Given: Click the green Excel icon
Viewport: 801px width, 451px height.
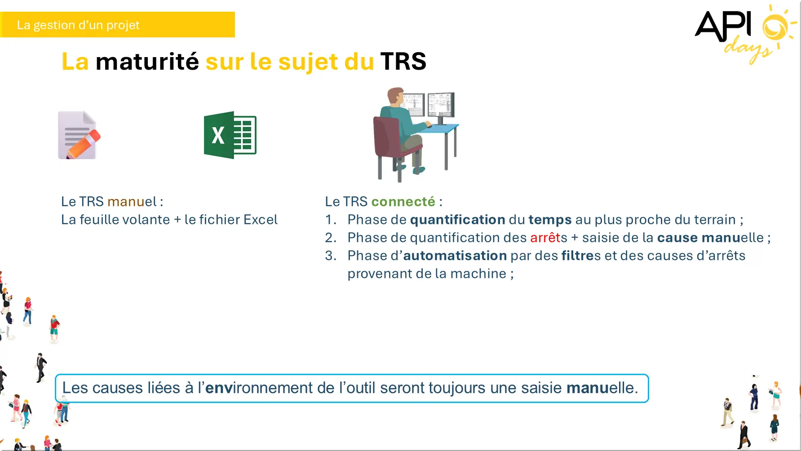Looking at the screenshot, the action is (230, 135).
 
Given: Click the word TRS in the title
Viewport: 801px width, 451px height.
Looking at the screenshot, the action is (403, 61).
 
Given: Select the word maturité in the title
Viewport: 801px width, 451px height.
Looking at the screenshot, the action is (147, 61).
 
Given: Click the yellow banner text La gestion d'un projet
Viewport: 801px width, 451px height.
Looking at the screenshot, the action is (78, 25).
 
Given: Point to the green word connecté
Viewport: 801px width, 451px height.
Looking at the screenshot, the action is (403, 201).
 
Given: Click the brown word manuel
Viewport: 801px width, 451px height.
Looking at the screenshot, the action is (132, 201).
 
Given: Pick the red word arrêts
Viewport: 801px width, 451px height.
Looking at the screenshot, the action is (549, 237).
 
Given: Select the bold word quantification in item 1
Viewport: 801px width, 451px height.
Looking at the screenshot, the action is (457, 219).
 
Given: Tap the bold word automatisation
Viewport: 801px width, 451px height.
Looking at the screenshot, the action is (455, 255).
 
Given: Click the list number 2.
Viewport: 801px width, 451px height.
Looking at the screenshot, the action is (330, 237).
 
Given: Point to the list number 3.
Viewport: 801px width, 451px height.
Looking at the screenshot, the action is (330, 255).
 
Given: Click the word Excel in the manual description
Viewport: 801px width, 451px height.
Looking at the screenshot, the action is (261, 219).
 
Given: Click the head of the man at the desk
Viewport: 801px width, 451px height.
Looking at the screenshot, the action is (396, 95).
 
